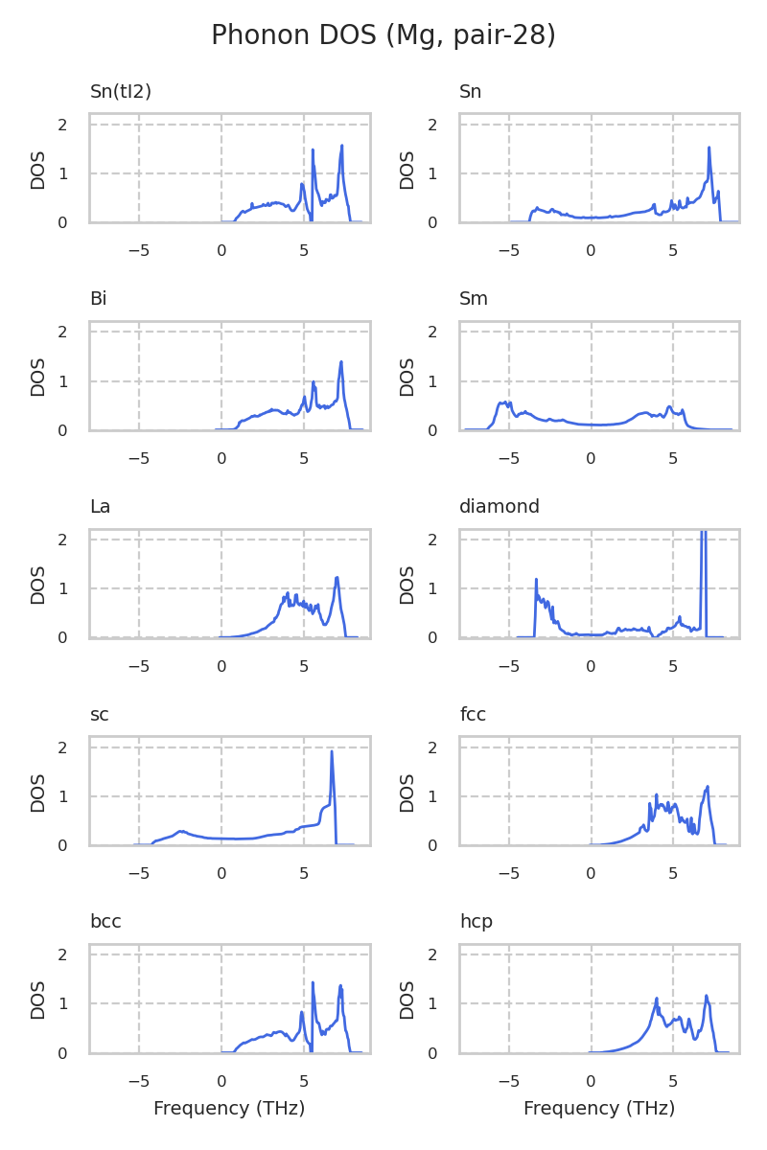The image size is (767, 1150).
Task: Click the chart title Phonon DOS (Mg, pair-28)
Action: [383, 35]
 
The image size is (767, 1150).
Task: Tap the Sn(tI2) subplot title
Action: [121, 92]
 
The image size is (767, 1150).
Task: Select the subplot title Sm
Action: [474, 299]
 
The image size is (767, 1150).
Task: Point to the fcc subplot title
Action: [473, 714]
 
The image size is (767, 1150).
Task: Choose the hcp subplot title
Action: [476, 922]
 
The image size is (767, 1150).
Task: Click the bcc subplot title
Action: [105, 922]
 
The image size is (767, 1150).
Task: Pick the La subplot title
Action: [100, 507]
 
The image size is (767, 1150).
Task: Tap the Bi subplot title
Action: [98, 299]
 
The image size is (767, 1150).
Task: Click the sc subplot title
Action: [99, 714]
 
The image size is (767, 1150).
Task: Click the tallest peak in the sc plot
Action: [332, 751]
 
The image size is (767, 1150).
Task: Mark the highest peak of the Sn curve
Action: [709, 148]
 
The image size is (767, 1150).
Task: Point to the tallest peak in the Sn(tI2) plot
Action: [341, 146]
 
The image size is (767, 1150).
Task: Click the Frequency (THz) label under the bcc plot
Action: [229, 1109]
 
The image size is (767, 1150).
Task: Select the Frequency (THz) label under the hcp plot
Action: [599, 1109]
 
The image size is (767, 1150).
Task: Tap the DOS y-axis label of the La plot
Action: [38, 584]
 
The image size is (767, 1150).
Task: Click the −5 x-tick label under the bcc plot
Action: [139, 1081]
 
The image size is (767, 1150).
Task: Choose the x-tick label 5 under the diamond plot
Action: [673, 666]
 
